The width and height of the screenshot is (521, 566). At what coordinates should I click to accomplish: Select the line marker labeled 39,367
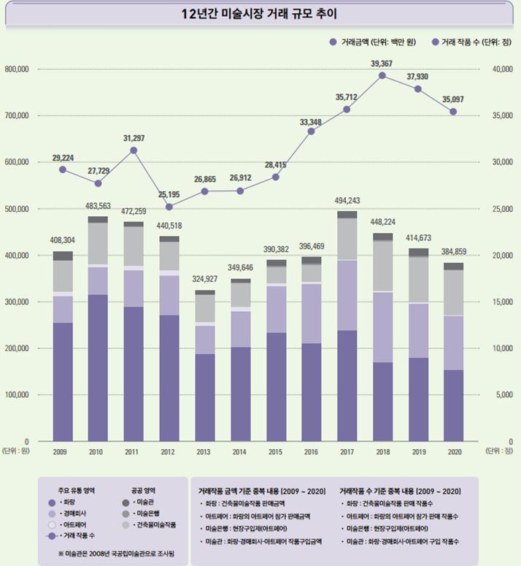pyautogui.click(x=382, y=75)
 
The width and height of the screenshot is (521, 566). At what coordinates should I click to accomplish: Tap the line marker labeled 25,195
pyautogui.click(x=169, y=207)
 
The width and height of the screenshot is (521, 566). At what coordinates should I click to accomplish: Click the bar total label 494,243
pyautogui.click(x=347, y=201)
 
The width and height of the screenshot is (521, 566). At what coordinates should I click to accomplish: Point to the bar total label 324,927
pyautogui.click(x=205, y=279)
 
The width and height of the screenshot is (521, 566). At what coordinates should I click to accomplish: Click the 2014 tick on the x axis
pyautogui.click(x=240, y=452)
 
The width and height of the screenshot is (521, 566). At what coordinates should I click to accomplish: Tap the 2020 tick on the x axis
pyautogui.click(x=453, y=452)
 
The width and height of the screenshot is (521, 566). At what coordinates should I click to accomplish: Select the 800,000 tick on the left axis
pyautogui.click(x=16, y=69)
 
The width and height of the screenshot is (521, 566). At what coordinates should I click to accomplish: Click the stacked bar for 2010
pyautogui.click(x=98, y=329)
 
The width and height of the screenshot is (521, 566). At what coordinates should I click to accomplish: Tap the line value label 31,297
pyautogui.click(x=134, y=138)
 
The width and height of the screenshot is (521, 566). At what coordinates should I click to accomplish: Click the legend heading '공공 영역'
pyautogui.click(x=143, y=490)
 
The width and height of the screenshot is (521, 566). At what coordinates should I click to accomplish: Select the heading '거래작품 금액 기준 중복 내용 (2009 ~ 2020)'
pyautogui.click(x=260, y=490)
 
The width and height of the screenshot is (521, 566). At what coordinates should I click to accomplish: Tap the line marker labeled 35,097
pyautogui.click(x=453, y=112)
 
